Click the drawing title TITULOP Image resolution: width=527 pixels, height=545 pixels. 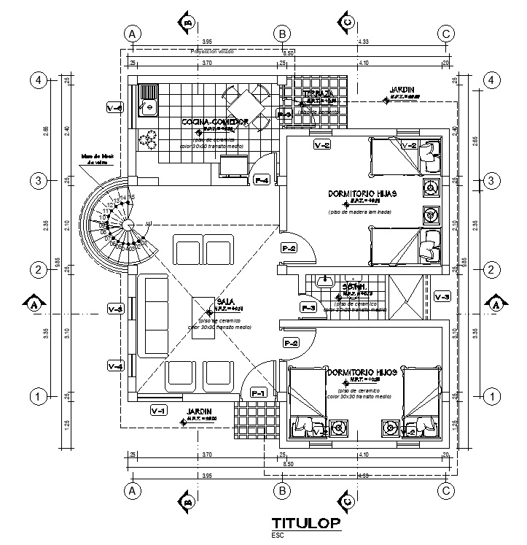(305, 523)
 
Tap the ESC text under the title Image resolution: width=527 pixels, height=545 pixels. (278, 535)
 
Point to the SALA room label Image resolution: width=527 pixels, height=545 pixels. (225, 301)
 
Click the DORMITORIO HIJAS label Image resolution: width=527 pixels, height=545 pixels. (352, 194)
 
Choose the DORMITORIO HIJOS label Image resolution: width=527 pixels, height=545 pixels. (362, 372)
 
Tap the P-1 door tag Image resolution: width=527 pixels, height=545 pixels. (258, 393)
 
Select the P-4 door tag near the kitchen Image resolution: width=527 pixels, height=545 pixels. (262, 179)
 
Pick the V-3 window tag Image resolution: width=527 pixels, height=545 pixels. (442, 295)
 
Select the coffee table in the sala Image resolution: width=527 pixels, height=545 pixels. (203, 308)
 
